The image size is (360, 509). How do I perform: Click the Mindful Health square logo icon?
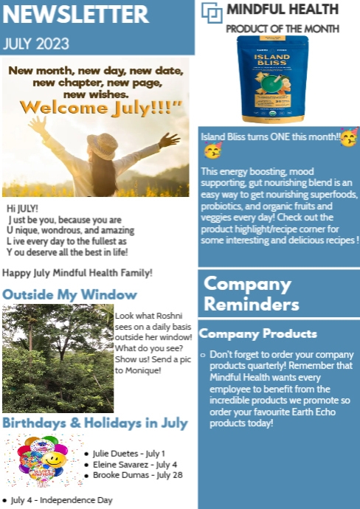[212, 12]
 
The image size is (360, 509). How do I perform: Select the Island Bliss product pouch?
[272, 79]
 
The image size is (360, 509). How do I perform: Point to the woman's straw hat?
[103, 145]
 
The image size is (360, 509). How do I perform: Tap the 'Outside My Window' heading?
[69, 294]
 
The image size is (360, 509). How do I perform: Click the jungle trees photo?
[58, 359]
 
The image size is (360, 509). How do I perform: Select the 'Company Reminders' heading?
[252, 293]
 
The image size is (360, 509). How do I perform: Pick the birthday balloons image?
[41, 461]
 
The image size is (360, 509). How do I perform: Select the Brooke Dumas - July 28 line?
[137, 475]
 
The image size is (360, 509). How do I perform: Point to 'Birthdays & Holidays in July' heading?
[94, 423]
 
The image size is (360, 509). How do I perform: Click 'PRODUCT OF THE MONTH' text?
[283, 29]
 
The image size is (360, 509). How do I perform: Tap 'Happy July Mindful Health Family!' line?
[77, 273]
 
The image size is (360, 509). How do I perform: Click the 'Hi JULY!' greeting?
[22, 210]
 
